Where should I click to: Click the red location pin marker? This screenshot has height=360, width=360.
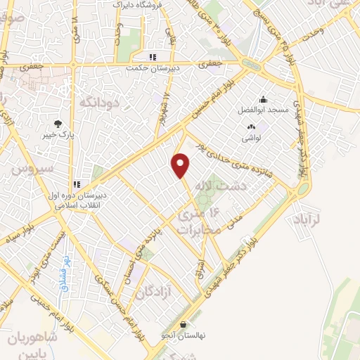point(181,165)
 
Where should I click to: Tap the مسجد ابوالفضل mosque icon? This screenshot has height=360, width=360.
point(263,99)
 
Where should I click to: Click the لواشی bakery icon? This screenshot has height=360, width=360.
point(250,127)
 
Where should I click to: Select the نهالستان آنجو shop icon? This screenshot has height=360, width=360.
point(184,325)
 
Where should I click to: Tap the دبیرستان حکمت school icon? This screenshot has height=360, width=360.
point(152,57)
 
